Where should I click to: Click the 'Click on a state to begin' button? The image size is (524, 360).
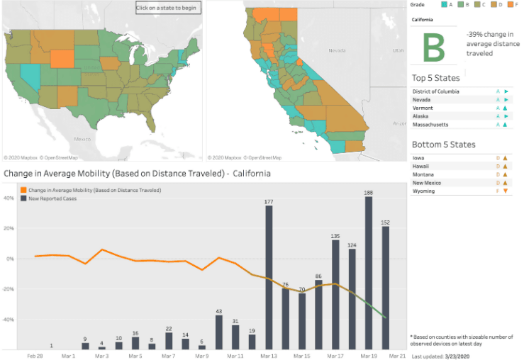tap(169, 8)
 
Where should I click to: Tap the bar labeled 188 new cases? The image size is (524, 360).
tap(369, 272)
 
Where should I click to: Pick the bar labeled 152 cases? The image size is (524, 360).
tap(386, 287)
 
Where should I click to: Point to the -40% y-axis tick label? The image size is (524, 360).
tap(11, 320)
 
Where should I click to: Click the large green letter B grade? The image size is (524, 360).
tap(434, 47)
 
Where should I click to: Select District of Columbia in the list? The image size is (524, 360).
tap(435, 91)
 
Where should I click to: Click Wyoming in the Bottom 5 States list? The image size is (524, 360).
tap(423, 191)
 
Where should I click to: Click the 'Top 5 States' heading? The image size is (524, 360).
tap(435, 78)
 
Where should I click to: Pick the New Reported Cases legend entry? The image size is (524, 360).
tap(53, 198)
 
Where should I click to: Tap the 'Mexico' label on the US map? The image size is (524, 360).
tap(84, 140)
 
